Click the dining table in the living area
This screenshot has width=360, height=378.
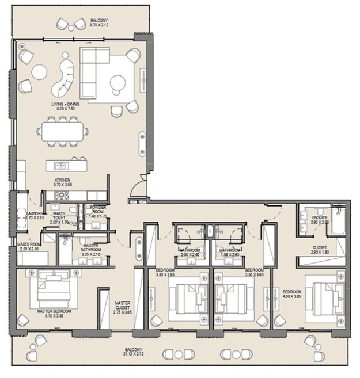pyautogui.click(x=65, y=132)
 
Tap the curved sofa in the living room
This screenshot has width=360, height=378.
pyautogui.click(x=64, y=79)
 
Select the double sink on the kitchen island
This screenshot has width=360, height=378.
pyautogui.click(x=61, y=166)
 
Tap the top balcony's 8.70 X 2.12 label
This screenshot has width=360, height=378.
pyautogui.click(x=97, y=23)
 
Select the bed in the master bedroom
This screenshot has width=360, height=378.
pyautogui.click(x=52, y=290)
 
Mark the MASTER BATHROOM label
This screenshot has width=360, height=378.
pyautogui.click(x=91, y=249)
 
